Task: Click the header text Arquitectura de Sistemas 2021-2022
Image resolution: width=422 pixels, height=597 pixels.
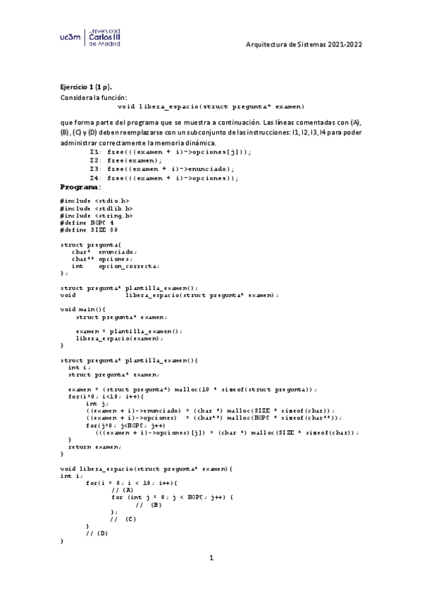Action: (x=304, y=44)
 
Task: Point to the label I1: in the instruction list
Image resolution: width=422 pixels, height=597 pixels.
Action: (x=96, y=152)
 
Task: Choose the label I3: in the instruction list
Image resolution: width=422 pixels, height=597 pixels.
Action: (x=96, y=169)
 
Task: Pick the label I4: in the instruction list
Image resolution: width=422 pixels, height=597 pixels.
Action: (x=96, y=178)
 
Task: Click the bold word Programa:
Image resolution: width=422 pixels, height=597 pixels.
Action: (x=81, y=187)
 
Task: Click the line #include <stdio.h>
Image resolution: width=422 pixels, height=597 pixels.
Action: (x=95, y=201)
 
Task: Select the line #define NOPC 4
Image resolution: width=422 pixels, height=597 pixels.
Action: (x=87, y=222)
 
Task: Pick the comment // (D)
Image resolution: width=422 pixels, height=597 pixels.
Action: (x=97, y=533)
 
